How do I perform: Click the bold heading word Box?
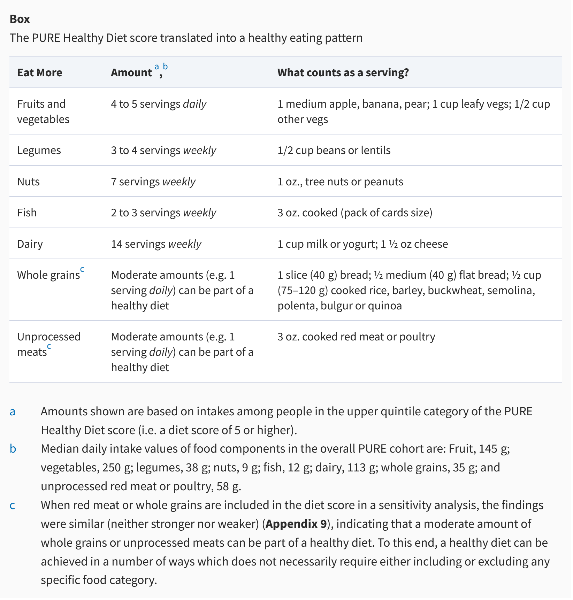coord(20,19)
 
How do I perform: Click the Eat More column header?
coord(40,72)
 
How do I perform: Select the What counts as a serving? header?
coord(343,72)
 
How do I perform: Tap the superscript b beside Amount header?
coord(165,66)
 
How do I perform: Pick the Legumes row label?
coord(39,150)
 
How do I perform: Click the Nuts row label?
coord(29,182)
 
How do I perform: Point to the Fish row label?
coord(27,213)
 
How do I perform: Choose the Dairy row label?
coord(30,244)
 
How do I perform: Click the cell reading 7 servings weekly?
coord(153,182)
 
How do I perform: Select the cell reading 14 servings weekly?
coord(156,244)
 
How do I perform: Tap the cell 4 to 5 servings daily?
coord(159,104)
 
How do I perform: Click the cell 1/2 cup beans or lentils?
coord(334,150)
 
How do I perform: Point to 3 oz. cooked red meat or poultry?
coord(356,337)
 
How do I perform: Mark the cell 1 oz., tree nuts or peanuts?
coord(340,182)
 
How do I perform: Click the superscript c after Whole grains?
coord(82,269)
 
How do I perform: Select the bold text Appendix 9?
coord(296,524)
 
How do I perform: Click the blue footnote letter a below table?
coord(13,411)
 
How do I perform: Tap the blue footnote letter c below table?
coord(12,505)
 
